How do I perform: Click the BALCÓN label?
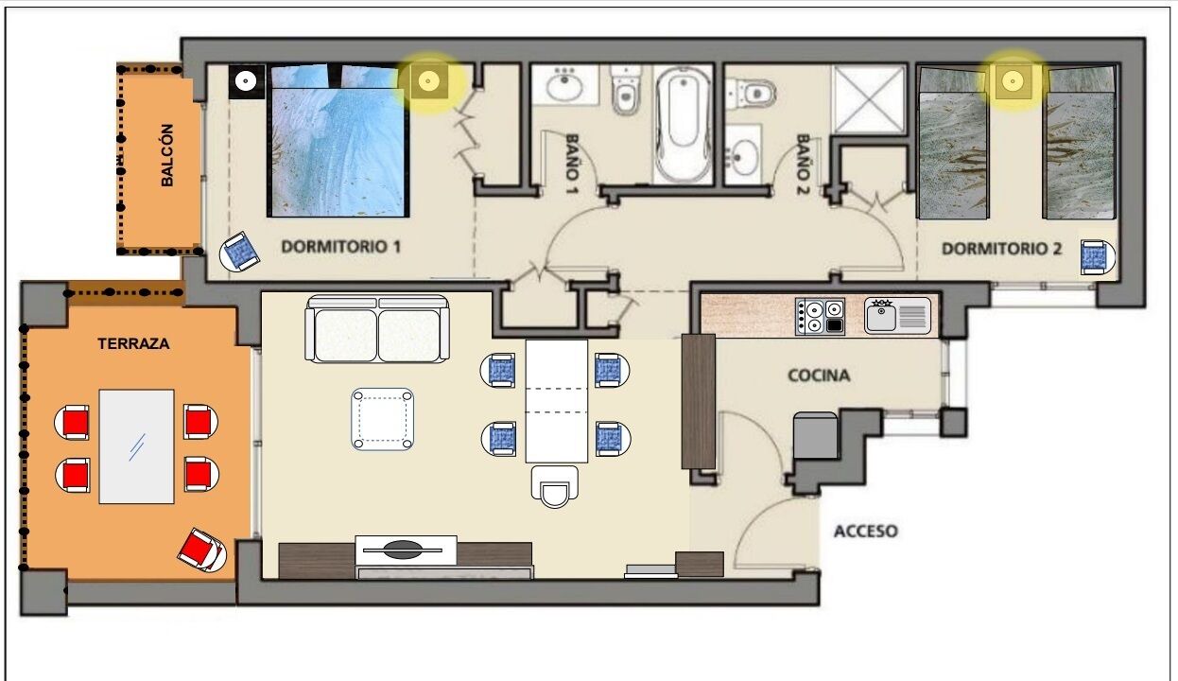point(166,155)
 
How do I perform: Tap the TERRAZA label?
point(133,343)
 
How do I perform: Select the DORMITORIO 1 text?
point(340,246)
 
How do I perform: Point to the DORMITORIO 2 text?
point(1001,249)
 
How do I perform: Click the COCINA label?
point(819,375)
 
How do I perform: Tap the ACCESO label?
point(866,531)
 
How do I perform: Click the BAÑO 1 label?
point(572,164)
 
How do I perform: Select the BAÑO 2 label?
point(802,164)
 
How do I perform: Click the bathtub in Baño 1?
point(683,125)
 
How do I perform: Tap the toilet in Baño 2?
point(751,94)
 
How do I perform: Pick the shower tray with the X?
point(868,99)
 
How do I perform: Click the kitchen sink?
point(897,316)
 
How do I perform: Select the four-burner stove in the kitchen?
point(820,316)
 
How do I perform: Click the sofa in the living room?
point(377,329)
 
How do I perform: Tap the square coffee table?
point(382,419)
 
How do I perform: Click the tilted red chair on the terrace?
point(202,550)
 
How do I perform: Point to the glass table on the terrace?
point(137,446)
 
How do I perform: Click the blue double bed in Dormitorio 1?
point(338,141)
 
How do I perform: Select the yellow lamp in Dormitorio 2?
point(1013,81)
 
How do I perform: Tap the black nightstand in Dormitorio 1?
point(246,81)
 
